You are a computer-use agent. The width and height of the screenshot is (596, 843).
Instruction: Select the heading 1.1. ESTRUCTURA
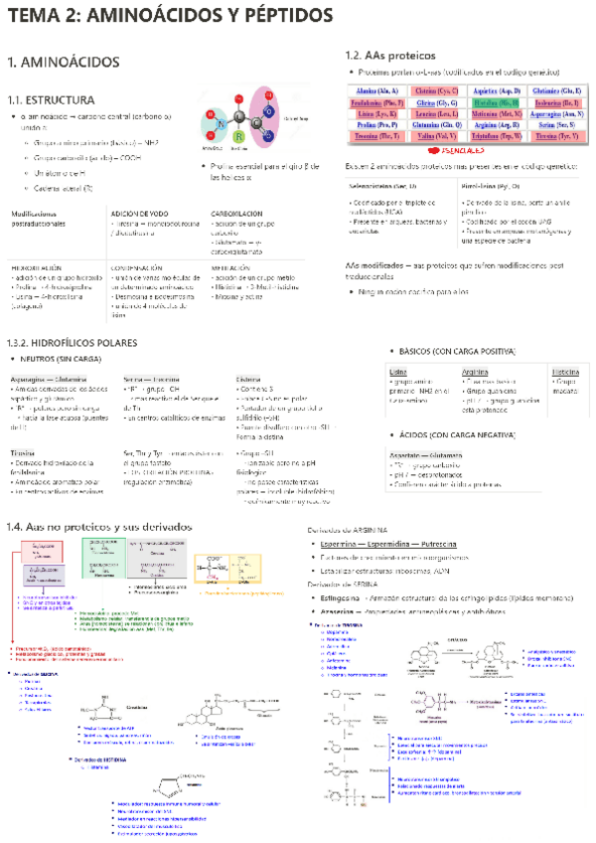click(x=51, y=100)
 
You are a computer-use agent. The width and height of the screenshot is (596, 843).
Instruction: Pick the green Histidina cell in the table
click(x=497, y=102)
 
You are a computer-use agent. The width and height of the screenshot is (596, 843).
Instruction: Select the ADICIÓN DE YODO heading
click(x=141, y=214)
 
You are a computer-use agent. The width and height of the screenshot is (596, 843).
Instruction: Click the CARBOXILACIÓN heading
click(x=236, y=214)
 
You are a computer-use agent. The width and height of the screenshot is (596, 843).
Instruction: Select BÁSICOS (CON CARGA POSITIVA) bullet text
click(x=456, y=352)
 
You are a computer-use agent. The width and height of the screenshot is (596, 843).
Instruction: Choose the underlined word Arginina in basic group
click(x=476, y=371)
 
